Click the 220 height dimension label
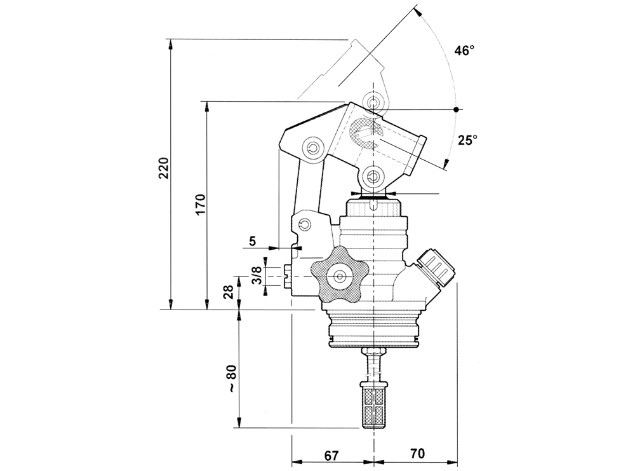pos(164,168)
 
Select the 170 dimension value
pos(201,205)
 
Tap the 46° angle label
pos(464,51)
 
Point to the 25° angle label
pos(468,140)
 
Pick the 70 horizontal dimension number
pos(418,453)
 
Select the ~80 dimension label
pos(231,379)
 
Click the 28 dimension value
pos(229,292)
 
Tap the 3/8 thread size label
pos(256,276)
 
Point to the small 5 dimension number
pos(252,242)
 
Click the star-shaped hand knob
pos(339,276)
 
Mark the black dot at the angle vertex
pos(456,109)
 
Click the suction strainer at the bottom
pos(374,406)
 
